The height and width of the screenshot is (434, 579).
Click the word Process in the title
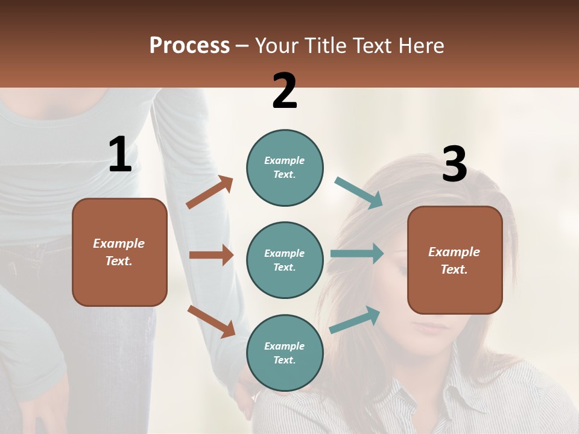(x=189, y=45)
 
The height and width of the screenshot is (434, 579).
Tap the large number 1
(x=120, y=154)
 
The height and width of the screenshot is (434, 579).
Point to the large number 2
(x=285, y=91)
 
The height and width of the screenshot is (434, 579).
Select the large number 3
(x=455, y=164)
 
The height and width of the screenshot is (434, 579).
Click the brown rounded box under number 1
(x=119, y=252)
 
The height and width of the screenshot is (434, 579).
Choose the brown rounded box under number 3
(x=455, y=260)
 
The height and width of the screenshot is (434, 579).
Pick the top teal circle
(x=285, y=168)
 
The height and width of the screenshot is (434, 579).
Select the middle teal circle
(x=285, y=260)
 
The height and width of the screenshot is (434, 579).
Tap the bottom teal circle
(x=285, y=353)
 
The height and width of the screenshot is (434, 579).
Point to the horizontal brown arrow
(x=211, y=255)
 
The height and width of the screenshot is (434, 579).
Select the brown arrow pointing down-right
(x=211, y=321)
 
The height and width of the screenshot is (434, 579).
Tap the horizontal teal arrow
(x=356, y=254)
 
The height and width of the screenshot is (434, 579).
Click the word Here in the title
(x=422, y=45)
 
